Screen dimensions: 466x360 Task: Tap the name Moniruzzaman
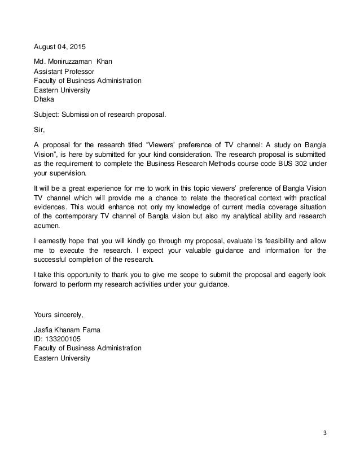(x=69, y=61)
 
